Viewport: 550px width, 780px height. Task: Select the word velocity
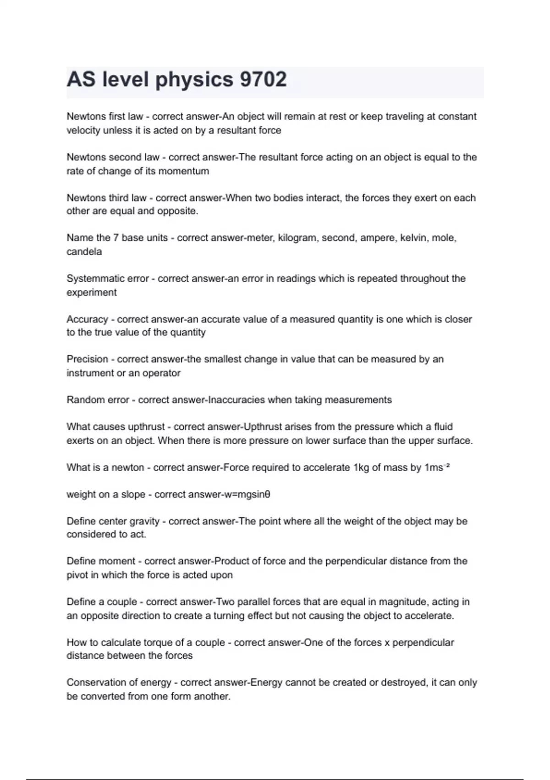point(83,130)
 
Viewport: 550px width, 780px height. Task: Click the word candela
point(84,251)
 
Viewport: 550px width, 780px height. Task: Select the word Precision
point(87,359)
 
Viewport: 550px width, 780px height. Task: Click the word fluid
point(443,427)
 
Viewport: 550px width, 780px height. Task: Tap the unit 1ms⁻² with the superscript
point(437,468)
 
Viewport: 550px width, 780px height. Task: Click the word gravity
point(144,522)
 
